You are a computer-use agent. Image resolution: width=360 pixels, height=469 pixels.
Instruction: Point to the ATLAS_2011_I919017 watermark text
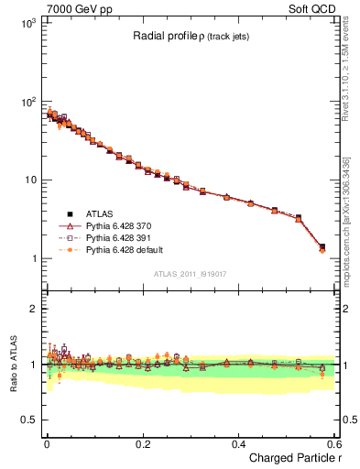tap(191, 273)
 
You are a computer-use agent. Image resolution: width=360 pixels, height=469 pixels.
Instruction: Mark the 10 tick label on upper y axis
tap(29, 180)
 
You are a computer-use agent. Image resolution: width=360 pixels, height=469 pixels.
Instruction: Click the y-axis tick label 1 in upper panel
tap(32, 258)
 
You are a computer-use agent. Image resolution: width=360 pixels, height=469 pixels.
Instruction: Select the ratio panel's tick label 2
tap(33, 309)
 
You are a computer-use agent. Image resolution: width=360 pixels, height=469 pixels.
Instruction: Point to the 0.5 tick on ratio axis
tap(29, 420)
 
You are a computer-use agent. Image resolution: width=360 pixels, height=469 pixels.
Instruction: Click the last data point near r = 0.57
tap(322, 247)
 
